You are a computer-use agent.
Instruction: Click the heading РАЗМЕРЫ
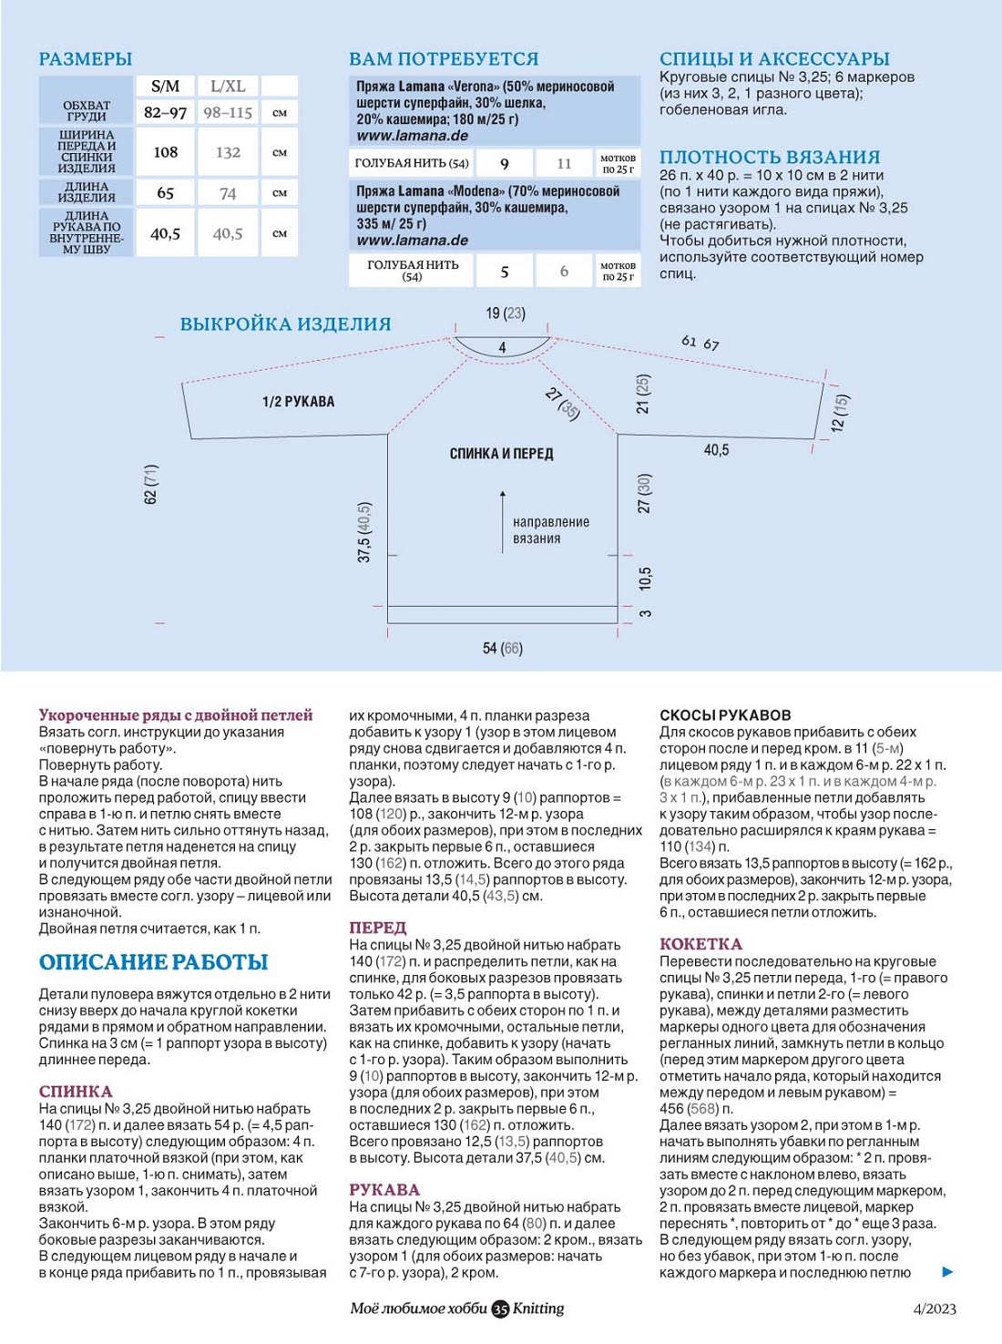tap(85, 59)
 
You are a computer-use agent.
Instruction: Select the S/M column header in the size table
tap(165, 87)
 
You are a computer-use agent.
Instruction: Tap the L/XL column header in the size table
tap(228, 87)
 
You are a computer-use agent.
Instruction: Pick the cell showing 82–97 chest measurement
tap(165, 112)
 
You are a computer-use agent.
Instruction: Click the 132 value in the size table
tap(228, 152)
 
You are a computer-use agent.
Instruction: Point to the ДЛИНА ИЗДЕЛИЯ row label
tap(87, 192)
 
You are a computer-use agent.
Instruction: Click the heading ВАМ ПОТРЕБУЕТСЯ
tap(444, 59)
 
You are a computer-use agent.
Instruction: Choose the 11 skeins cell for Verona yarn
tap(564, 163)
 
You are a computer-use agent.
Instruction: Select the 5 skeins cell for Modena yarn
tap(505, 271)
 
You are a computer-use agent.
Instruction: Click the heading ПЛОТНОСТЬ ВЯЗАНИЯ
tap(770, 157)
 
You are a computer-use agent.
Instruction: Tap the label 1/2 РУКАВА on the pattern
tap(298, 401)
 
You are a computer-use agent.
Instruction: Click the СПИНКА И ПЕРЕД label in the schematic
tap(501, 453)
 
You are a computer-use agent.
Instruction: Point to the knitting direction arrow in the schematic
tap(502, 520)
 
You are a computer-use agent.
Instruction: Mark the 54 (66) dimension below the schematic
tap(502, 648)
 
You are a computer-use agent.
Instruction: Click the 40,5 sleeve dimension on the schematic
tap(716, 450)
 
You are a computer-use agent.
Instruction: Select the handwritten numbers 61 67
tap(700, 343)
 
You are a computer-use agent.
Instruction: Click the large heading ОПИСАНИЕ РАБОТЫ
tap(153, 962)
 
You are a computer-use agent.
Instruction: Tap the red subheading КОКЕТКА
tap(700, 944)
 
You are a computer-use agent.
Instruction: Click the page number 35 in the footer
tap(500, 1309)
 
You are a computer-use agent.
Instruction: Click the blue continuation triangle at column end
tap(947, 1271)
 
